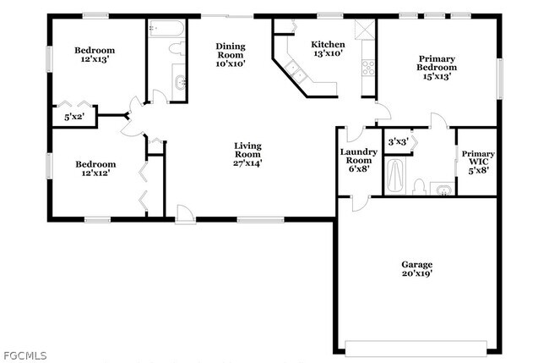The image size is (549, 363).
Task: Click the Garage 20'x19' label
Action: [416, 269]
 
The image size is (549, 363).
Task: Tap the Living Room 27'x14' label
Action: [247, 155]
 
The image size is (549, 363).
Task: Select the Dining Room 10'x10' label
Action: [230, 54]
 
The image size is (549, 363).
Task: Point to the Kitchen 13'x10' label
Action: [328, 49]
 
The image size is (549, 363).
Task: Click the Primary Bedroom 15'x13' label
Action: [438, 68]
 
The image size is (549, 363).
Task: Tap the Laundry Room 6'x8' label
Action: [356, 160]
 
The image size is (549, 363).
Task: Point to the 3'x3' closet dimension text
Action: [396, 141]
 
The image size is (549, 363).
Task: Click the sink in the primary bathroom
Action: [442, 188]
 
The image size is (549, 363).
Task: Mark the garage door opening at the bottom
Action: [416, 347]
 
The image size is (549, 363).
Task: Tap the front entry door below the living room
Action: [185, 217]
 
